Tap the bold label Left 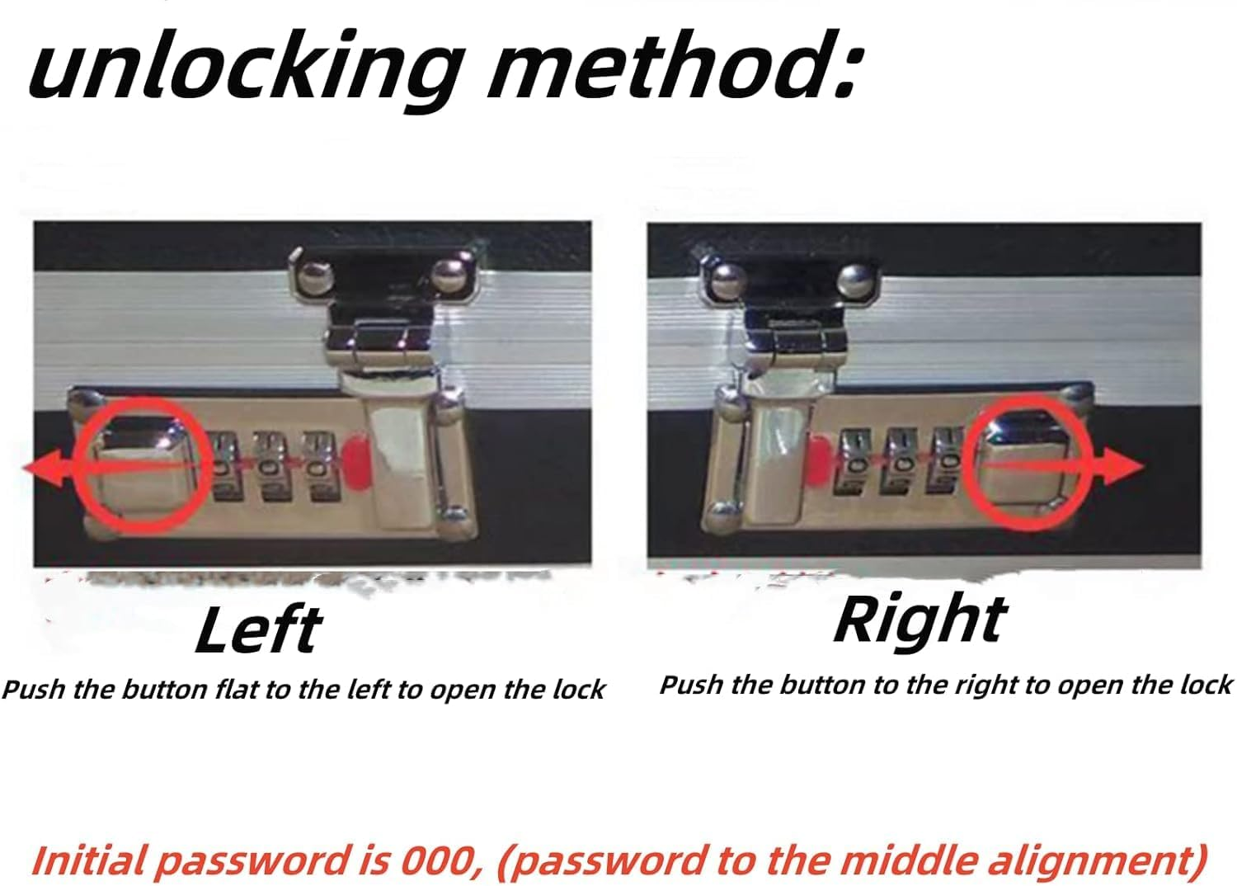pyautogui.click(x=258, y=629)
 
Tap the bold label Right pyautogui.click(x=920, y=621)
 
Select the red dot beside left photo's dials pyautogui.click(x=355, y=462)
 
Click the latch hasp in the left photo pyautogui.click(x=398, y=453)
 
